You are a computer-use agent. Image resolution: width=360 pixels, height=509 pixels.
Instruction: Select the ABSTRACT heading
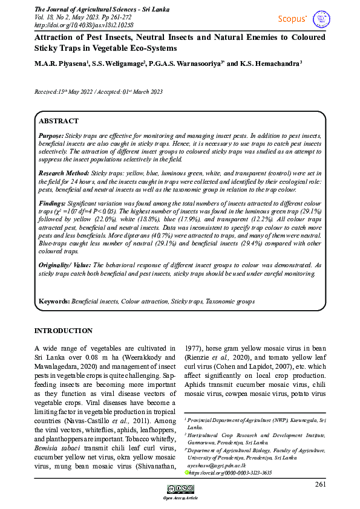[x=59, y=121]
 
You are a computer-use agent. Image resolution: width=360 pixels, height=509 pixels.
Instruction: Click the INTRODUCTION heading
[x=63, y=331]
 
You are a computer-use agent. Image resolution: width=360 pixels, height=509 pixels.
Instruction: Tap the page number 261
[x=321, y=484]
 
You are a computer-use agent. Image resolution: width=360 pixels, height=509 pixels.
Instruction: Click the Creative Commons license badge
[x=180, y=489]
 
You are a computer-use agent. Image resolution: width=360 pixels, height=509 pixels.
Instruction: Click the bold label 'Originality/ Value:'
[x=65, y=265]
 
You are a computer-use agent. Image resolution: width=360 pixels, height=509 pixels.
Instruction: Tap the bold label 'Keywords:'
[x=54, y=300]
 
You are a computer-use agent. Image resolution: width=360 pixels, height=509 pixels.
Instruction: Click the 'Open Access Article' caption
[x=180, y=498]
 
